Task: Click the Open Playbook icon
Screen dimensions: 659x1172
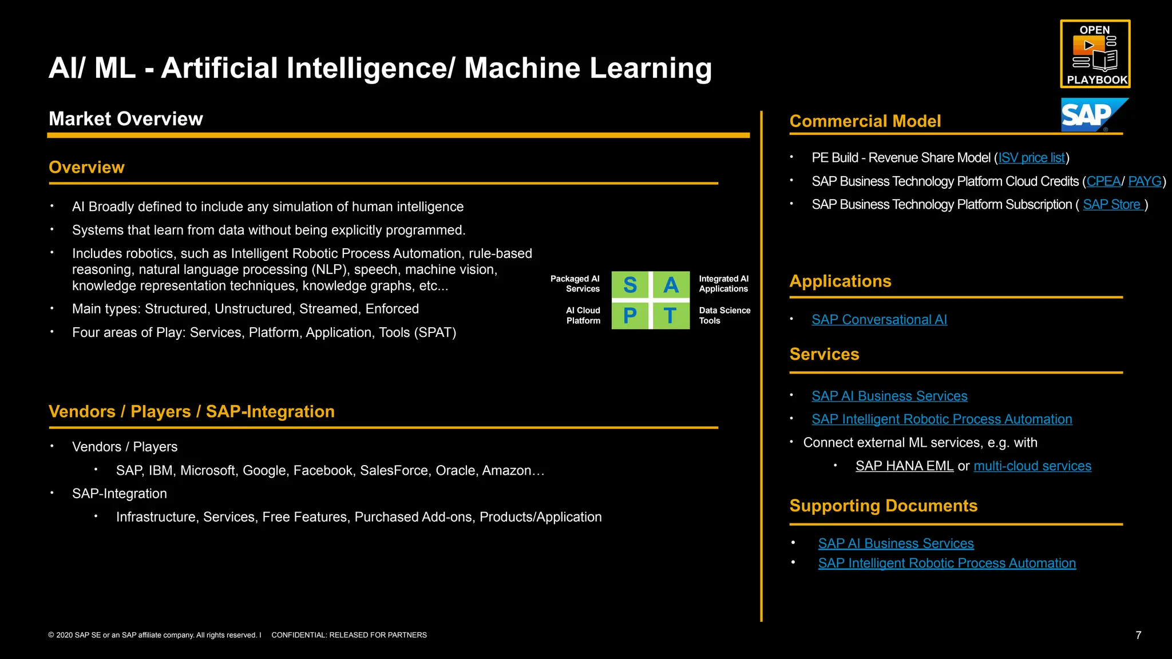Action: pos(1095,54)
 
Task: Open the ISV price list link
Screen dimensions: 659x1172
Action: pos(1031,158)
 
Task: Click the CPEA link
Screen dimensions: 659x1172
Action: pos(1103,181)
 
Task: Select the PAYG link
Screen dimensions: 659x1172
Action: pos(1145,181)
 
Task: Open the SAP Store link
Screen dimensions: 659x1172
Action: pos(1112,205)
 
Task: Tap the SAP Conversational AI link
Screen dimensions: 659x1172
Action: pos(879,320)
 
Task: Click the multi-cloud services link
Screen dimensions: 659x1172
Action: pos(1032,466)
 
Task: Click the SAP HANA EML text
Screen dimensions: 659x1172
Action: pos(904,466)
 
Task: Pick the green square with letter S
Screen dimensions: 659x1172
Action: pos(629,285)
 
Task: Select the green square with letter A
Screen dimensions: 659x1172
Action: pos(671,285)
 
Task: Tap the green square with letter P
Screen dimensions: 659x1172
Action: pos(629,315)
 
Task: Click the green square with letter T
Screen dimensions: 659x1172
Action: pos(671,315)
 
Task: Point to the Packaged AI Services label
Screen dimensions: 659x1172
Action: pos(575,284)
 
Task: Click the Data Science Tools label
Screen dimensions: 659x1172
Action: pos(724,315)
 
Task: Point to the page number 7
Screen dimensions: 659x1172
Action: pos(1138,635)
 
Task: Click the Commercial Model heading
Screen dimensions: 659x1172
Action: pos(865,121)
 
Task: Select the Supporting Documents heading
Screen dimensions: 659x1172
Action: pos(883,506)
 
